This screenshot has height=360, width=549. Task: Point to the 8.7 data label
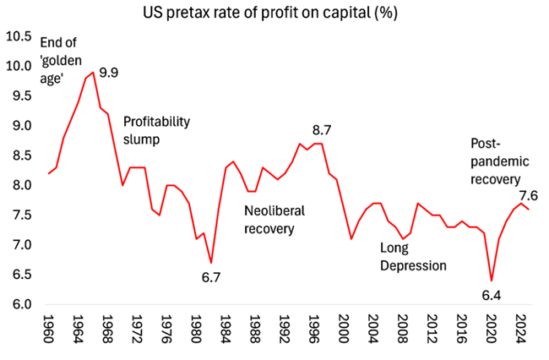[x=322, y=129]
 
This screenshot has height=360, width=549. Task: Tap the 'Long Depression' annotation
[x=412, y=257]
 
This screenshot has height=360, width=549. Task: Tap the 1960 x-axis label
[x=50, y=328]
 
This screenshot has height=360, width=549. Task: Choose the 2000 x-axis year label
[x=344, y=328]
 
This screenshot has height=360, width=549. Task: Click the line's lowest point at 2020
[x=491, y=281]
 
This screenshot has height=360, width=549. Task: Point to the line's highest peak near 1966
[x=93, y=72]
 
